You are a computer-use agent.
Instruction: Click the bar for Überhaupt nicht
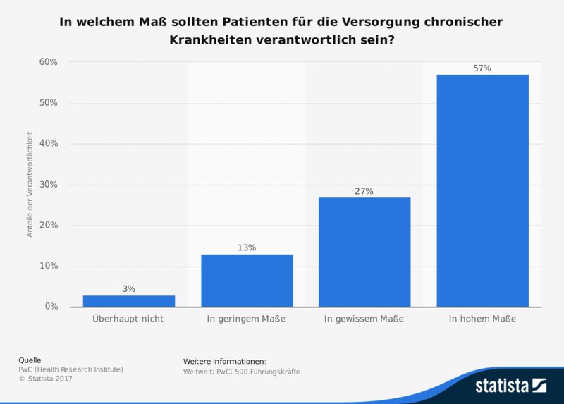point(129,301)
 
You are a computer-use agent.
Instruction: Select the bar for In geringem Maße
point(247,281)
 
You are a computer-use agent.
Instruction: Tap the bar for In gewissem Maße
point(364,252)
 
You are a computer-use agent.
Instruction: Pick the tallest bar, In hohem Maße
point(482,190)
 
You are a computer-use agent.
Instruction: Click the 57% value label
point(482,68)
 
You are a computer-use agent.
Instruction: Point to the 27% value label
point(364,190)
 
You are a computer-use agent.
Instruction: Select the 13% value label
point(247,247)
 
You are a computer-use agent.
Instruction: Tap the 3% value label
point(129,288)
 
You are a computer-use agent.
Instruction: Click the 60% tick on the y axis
point(48,62)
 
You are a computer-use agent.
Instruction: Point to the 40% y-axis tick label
point(48,144)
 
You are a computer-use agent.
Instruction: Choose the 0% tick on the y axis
point(51,307)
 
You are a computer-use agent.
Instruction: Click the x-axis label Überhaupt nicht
point(129,319)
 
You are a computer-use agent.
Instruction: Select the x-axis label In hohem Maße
point(482,319)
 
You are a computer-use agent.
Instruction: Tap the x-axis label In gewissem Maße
point(364,319)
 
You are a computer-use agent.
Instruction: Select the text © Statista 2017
point(45,379)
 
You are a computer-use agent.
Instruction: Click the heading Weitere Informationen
point(224,361)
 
